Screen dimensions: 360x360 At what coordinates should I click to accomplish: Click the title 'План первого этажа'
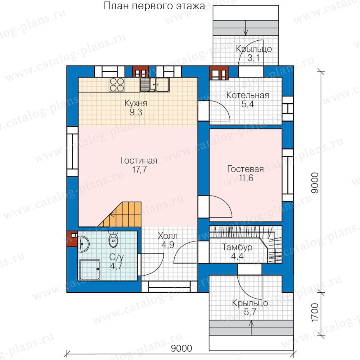coord(154,6)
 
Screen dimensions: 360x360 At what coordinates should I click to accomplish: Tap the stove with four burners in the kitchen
coord(116,85)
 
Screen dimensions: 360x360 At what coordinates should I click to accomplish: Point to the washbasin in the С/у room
coord(84,244)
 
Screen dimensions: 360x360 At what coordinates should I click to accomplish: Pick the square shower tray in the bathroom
coord(90,270)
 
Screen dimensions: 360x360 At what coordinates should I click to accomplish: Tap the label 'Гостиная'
coord(139,160)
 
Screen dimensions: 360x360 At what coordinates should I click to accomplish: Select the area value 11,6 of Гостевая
coord(246,178)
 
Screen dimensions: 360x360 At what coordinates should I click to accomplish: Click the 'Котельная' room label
coord(248,95)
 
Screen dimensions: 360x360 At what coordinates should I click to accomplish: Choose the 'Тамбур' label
coord(237,247)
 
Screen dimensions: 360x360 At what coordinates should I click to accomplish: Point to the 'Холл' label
coord(168,236)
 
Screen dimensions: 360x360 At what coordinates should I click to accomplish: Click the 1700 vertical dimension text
coord(315,312)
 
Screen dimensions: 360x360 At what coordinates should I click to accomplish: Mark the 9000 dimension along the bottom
coord(181,348)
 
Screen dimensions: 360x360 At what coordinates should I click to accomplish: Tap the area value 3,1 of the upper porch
coord(254,58)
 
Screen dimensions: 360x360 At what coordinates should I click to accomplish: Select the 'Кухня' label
coord(136,103)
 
